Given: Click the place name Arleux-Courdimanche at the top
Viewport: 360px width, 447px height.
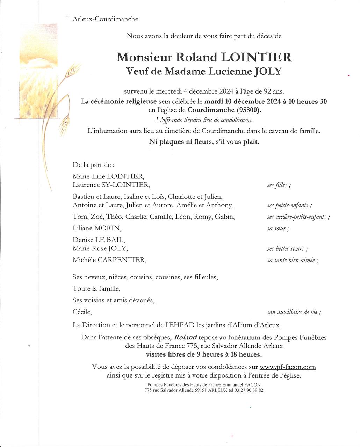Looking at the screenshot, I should (105, 19).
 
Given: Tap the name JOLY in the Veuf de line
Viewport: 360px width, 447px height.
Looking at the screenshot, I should (268, 71).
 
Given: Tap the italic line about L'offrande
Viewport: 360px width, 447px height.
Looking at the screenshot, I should (204, 120).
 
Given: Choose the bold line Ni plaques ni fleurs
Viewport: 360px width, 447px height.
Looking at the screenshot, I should (204, 142).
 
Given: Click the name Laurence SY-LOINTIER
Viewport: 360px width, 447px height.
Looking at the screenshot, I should (111, 185).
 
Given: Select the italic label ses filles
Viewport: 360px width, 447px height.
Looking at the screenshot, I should (279, 185).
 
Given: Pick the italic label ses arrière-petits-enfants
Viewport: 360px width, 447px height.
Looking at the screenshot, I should (298, 217).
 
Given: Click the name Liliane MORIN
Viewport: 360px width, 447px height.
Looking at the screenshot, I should (97, 228).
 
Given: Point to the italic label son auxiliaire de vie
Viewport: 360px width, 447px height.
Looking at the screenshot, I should (294, 312).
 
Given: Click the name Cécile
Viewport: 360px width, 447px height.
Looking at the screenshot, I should (82, 312).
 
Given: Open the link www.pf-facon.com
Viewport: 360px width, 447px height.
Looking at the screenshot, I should (288, 367).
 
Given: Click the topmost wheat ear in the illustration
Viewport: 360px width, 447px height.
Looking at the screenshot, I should (72, 69).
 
